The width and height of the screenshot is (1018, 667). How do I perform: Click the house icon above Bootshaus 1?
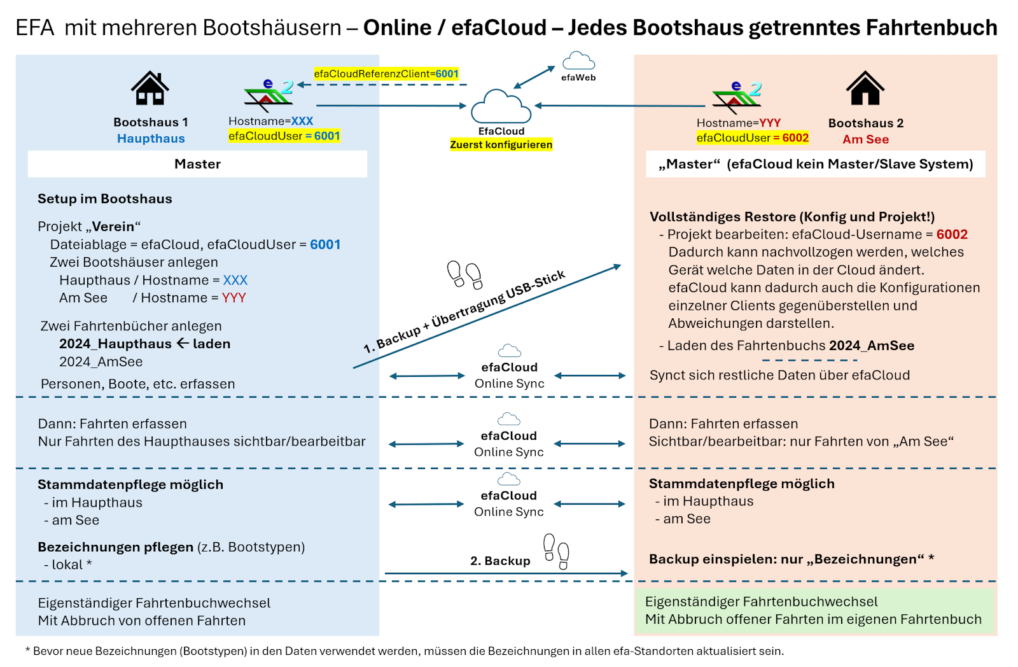[x=150, y=88]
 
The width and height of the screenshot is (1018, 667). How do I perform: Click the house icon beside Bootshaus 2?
[x=865, y=88]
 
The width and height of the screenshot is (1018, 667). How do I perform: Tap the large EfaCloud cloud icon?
[x=501, y=106]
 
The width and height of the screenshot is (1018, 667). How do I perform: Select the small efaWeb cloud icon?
[x=578, y=61]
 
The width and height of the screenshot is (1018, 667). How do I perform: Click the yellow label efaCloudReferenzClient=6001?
[x=386, y=74]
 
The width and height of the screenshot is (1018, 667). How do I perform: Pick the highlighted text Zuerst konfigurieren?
[x=501, y=144]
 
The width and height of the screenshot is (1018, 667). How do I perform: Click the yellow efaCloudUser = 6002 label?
[x=753, y=138]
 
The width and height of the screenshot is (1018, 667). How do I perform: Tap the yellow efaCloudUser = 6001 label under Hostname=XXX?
[x=284, y=136]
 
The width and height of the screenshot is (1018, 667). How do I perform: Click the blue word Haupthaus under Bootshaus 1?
[x=151, y=139]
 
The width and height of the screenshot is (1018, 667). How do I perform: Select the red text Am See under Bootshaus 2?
[x=866, y=139]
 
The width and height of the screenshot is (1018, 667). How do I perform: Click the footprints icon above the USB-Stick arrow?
[x=464, y=274]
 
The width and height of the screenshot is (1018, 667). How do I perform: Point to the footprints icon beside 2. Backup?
[x=556, y=551]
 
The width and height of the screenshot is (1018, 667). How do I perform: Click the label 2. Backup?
[x=500, y=561]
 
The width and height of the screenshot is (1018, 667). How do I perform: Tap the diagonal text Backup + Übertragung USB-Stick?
[x=464, y=312]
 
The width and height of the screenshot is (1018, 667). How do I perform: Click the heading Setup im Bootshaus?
[x=105, y=199]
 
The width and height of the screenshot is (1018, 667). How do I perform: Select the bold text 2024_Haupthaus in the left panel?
[x=115, y=344]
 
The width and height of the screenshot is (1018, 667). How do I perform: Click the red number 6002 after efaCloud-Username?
[x=952, y=234]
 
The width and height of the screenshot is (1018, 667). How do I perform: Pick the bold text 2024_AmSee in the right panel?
[x=872, y=346]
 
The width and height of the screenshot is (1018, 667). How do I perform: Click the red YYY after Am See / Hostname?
[x=234, y=298]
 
